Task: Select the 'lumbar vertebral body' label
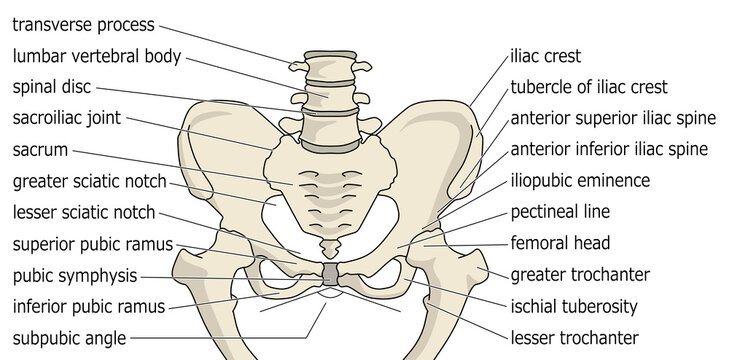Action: coord(96,56)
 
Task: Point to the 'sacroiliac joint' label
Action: coord(67,118)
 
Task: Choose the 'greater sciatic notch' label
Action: coord(89,182)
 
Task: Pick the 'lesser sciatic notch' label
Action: coord(84,212)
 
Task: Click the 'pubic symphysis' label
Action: coord(72,275)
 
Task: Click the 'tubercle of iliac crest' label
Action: coord(588,87)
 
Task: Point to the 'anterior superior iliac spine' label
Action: coord(613,118)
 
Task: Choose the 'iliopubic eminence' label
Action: coord(580,181)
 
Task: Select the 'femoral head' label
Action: coord(560,243)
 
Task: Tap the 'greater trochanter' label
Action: coord(580,274)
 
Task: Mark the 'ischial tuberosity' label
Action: coord(573,306)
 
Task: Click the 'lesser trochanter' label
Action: coord(574,338)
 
